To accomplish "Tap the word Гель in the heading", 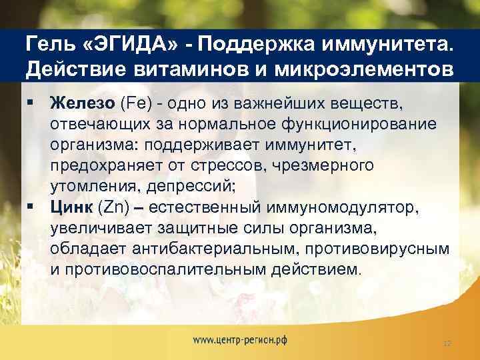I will click(49, 45).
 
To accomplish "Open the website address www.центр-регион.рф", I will click(240, 339).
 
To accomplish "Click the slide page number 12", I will click(447, 343).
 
